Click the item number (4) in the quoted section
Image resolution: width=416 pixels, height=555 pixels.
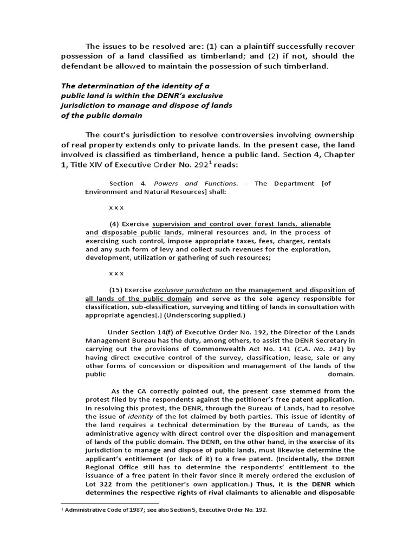tap(114, 223)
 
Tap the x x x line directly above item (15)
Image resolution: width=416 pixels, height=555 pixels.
tap(116, 273)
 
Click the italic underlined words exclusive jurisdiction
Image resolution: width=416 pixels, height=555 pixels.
tap(188, 289)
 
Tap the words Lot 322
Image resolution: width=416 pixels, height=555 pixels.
tap(99, 484)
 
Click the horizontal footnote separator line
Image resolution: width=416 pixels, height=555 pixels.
tap(109, 504)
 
